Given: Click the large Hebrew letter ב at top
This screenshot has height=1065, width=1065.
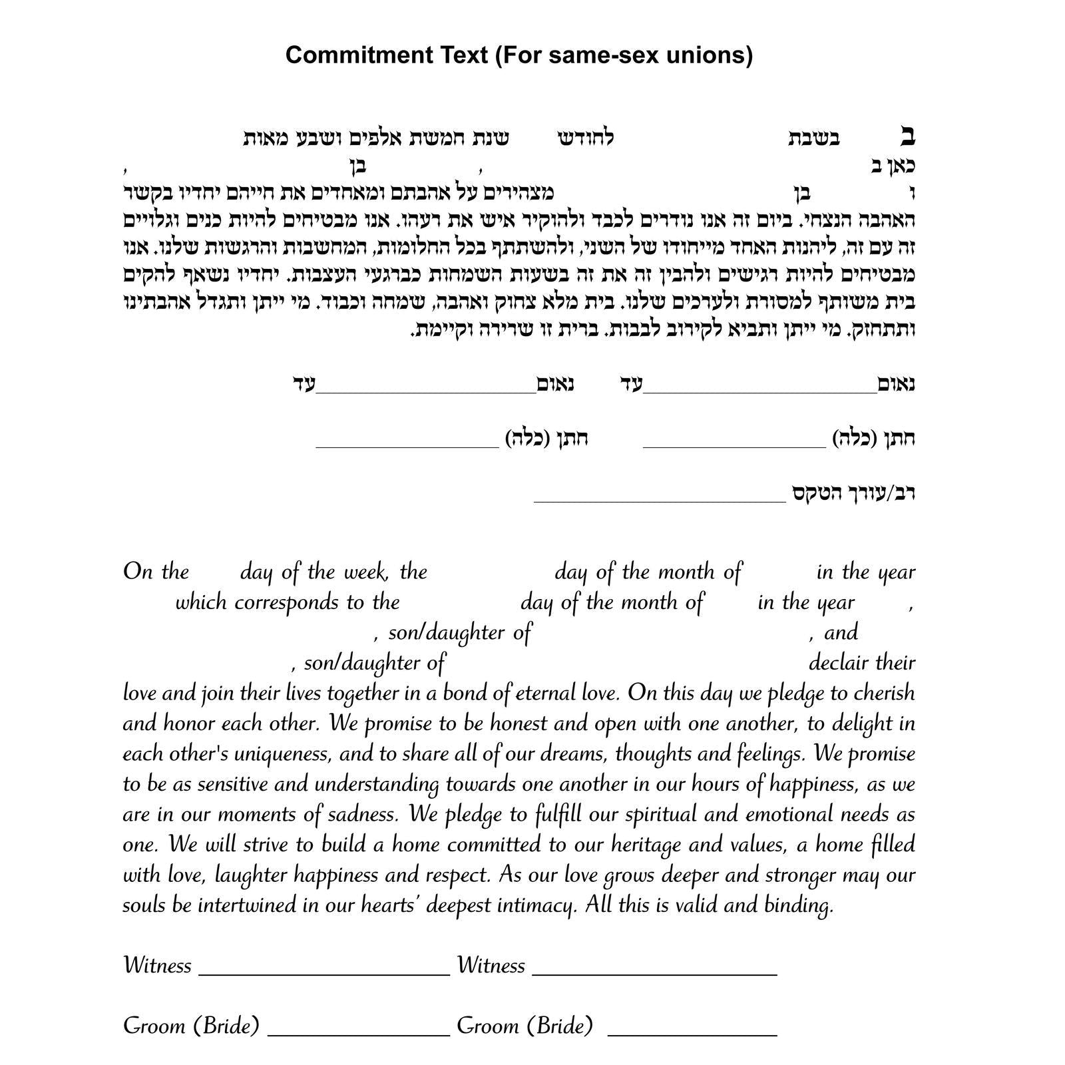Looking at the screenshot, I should pyautogui.click(x=907, y=137).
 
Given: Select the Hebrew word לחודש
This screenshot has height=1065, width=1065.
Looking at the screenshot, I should pyautogui.click(x=586, y=138).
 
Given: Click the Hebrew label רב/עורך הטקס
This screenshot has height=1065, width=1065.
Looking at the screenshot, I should pyautogui.click(x=853, y=493).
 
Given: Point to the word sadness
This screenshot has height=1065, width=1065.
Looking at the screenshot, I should pyautogui.click(x=363, y=815).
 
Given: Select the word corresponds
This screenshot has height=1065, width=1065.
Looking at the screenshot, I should pyautogui.click(x=287, y=602).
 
